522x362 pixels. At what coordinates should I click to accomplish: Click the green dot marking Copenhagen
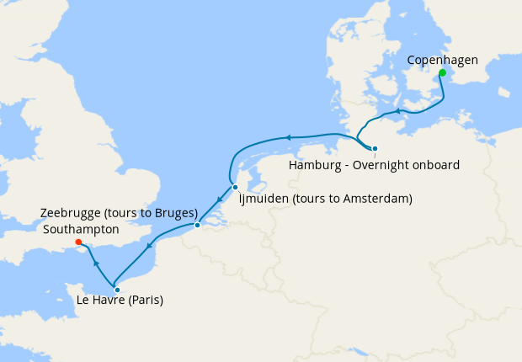click(441, 72)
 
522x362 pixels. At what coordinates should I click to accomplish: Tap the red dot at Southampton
click(78, 242)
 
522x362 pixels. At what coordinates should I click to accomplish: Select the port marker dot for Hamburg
click(375, 148)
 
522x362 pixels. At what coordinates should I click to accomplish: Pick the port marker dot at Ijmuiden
click(236, 187)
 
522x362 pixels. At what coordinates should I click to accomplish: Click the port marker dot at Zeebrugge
click(197, 225)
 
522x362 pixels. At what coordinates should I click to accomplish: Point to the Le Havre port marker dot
click(117, 290)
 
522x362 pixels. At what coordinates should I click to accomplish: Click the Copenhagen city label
click(442, 60)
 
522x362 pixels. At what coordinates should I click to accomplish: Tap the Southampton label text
click(80, 229)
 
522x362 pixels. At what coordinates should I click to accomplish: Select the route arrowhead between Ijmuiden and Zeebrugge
click(218, 200)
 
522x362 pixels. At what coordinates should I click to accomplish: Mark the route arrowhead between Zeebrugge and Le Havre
click(149, 247)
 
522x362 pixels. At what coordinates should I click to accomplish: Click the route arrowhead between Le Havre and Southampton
click(95, 264)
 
